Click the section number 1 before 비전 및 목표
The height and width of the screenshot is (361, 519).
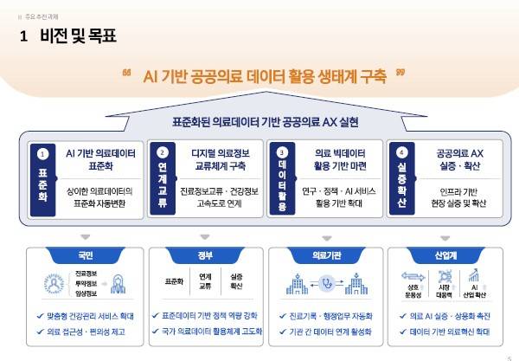(23, 36)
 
